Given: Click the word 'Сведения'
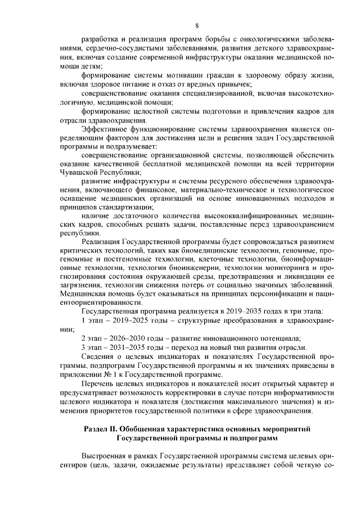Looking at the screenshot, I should [100, 358].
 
